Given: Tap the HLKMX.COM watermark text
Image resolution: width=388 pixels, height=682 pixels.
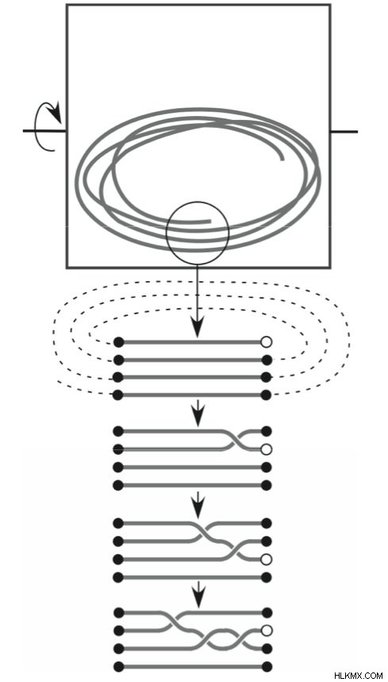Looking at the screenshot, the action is [359, 676].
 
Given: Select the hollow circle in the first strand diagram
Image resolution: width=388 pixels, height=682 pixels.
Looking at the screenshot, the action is [267, 342].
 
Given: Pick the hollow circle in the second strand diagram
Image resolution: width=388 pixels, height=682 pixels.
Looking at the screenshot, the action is [267, 449].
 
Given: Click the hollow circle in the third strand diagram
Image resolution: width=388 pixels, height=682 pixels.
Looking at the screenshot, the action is [267, 559].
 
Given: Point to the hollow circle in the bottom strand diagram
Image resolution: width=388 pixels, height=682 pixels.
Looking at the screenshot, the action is [267, 630].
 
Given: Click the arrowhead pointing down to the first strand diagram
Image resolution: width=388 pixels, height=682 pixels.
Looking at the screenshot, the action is [198, 329].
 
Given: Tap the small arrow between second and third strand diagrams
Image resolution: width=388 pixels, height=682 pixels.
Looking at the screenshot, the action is [198, 505].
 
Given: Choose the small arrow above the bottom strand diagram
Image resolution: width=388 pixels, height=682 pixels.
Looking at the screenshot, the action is [198, 595].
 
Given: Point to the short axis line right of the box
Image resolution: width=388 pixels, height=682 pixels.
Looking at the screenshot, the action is [344, 131].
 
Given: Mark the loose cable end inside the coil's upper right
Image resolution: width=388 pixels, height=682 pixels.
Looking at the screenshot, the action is [282, 160].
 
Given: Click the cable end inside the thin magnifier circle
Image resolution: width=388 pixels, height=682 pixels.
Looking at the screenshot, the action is [209, 222].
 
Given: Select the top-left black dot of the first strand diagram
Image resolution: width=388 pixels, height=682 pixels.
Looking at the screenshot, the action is [118, 342].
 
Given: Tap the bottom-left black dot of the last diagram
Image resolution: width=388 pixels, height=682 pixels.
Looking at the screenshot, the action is [118, 667].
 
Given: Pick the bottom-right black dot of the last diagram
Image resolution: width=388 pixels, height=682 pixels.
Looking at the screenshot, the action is [267, 667].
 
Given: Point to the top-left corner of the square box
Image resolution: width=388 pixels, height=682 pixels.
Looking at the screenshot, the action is [67, 6].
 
